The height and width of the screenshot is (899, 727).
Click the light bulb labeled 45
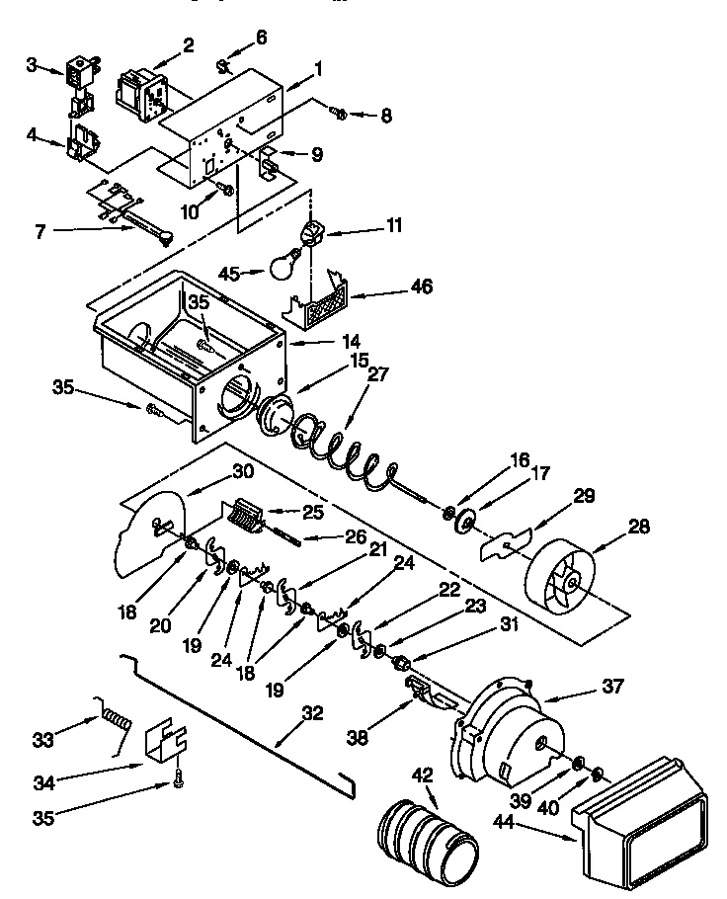point(285,263)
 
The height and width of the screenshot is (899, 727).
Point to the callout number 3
point(32,65)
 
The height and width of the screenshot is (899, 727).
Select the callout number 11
point(393,227)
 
